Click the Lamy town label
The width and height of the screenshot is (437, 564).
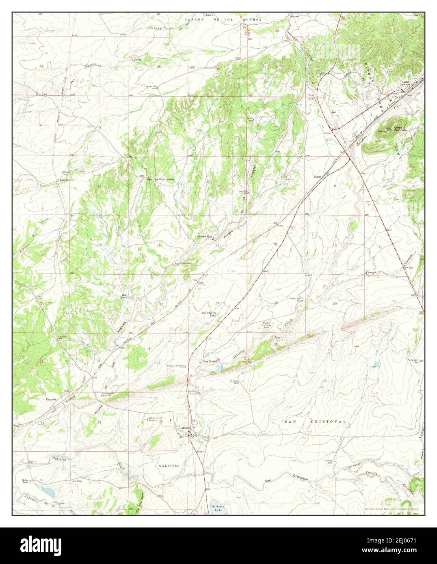pos(405,82)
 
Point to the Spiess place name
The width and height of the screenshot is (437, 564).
pos(318,177)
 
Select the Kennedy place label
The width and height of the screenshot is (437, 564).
pos(51,399)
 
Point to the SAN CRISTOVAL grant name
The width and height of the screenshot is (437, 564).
pos(315,422)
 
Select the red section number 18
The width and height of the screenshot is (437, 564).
pos(275,244)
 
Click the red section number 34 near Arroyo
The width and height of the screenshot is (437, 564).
pos(99,422)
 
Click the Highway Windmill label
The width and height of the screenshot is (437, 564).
pos(176,366)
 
